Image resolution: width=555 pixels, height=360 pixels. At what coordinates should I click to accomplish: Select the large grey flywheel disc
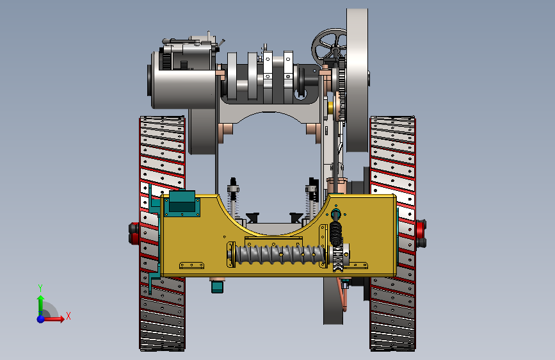click(x=357, y=81)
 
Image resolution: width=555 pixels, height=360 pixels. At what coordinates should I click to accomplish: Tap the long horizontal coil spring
click(x=280, y=254)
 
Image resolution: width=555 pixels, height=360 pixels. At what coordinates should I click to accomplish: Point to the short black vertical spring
click(x=335, y=233)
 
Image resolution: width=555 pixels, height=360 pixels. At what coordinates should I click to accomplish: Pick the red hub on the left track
click(x=134, y=233)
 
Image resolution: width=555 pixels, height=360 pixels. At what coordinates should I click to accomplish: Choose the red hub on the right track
click(x=421, y=233)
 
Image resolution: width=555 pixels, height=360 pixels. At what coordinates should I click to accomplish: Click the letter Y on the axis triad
click(x=40, y=288)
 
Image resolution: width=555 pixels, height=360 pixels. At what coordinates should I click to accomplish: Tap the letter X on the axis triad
click(x=68, y=316)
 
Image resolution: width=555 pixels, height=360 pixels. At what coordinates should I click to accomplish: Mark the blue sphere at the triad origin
click(x=41, y=319)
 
